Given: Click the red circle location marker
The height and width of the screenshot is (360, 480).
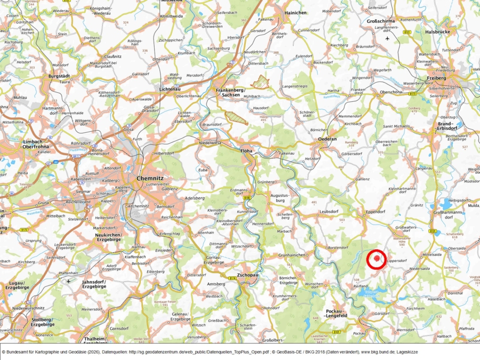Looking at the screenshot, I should (377, 259).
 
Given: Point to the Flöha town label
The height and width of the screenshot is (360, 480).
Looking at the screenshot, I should (247, 151).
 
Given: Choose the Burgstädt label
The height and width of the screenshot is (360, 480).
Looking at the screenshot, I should (59, 76).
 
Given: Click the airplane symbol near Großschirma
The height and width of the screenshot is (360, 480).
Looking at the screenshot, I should (388, 38).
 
